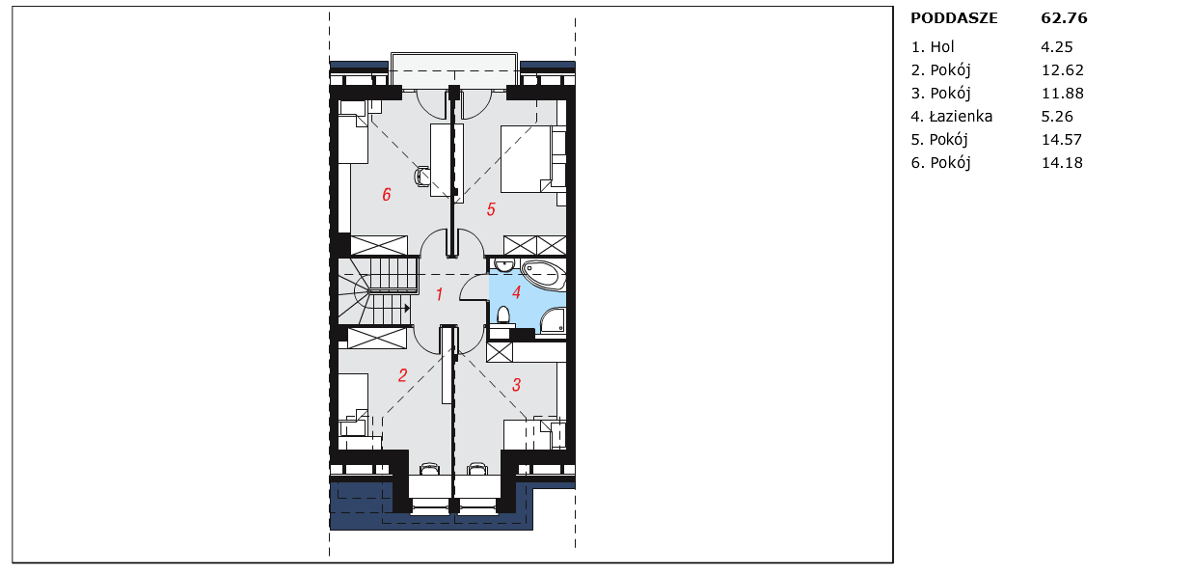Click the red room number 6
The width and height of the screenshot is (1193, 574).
(387, 195)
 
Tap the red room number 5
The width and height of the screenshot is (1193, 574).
(491, 209)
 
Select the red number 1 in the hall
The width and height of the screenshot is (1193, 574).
(440, 294)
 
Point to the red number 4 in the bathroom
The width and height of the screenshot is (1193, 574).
(516, 292)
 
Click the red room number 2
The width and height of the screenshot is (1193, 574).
(402, 375)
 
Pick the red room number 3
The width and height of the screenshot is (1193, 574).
(516, 385)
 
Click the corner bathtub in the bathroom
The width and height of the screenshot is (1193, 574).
(543, 275)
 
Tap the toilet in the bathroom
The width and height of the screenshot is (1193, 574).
(503, 315)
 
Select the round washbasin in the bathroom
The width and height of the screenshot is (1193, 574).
(503, 265)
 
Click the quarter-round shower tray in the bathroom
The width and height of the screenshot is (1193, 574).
(553, 320)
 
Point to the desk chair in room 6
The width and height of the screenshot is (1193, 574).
(421, 176)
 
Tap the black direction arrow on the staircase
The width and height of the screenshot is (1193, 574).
(407, 308)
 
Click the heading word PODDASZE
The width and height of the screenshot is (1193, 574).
(954, 18)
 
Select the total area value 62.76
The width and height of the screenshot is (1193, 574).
(1064, 18)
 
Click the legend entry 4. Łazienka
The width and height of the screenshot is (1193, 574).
(952, 116)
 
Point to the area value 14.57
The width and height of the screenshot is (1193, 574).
(1062, 140)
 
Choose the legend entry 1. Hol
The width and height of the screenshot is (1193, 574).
(933, 47)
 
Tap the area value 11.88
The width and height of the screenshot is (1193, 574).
(1063, 94)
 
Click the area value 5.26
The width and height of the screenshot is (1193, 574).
(1057, 116)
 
